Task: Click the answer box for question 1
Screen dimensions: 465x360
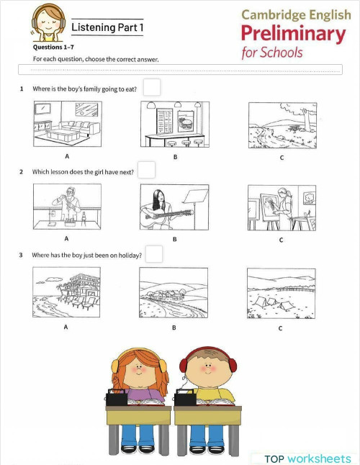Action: point(151,88)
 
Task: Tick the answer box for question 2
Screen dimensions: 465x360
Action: point(146,171)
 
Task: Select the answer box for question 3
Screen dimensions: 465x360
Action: point(153,254)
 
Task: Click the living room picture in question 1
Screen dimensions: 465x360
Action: point(67,124)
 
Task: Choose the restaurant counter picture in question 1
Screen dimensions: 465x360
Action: point(175,124)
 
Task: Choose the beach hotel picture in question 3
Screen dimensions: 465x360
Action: point(66,293)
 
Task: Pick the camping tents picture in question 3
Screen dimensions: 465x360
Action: point(281,293)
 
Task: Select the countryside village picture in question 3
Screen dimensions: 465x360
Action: point(174,293)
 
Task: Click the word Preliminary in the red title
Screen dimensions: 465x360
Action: point(293,33)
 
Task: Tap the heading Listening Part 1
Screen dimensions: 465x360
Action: point(107,27)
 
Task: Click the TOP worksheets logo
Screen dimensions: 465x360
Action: point(307,458)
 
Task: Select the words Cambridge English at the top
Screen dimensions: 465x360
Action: point(293,14)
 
